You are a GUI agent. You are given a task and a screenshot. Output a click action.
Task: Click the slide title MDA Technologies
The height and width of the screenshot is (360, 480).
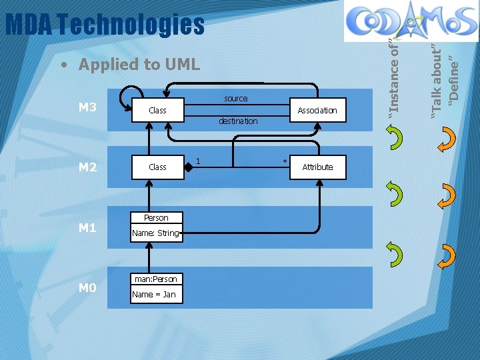click(x=105, y=25)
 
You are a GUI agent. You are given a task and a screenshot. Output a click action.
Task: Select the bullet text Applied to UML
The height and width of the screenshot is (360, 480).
click(x=139, y=64)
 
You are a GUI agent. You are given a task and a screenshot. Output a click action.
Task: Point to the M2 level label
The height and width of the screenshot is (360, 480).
click(x=87, y=167)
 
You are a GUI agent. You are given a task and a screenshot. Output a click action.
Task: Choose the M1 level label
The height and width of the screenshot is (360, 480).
click(x=87, y=228)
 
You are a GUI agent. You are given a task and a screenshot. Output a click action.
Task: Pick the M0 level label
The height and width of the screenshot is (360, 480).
click(x=87, y=288)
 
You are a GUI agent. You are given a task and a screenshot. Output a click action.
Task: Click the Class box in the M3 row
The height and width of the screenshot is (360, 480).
click(x=157, y=110)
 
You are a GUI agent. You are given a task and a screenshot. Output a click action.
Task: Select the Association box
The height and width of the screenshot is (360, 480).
click(x=317, y=110)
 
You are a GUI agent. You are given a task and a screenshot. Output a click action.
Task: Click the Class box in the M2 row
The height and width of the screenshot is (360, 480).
click(x=157, y=167)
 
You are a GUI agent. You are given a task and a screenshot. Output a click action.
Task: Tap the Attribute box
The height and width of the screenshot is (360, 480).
click(x=317, y=167)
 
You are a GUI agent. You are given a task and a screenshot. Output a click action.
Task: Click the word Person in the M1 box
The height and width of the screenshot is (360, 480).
click(x=156, y=218)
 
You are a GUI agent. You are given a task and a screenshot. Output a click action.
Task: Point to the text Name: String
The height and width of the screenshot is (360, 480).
click(x=155, y=233)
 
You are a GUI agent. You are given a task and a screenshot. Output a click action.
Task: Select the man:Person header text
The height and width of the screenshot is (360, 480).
click(x=155, y=279)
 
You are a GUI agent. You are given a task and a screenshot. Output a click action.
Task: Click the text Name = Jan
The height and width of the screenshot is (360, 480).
click(x=154, y=294)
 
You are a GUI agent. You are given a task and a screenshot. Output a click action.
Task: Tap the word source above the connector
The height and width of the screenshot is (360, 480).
click(x=235, y=99)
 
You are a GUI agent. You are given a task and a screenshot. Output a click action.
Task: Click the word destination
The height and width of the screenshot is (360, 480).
click(x=238, y=121)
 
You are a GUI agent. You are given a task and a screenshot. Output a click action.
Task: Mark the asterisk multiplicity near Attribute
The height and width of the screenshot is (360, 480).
click(x=285, y=162)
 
